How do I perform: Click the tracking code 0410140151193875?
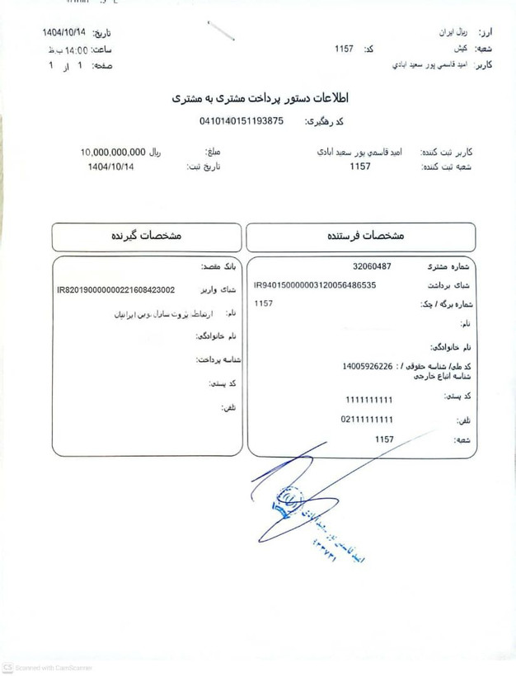[x=241, y=121]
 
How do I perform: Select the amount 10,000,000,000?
[x=113, y=153]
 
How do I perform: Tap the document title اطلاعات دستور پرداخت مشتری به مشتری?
[x=260, y=98]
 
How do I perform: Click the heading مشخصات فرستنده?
[x=363, y=236]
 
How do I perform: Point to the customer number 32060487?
[x=372, y=266]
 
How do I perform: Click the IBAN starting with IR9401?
[x=315, y=285]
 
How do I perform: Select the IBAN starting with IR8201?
[x=115, y=290]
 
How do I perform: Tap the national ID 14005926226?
[x=368, y=365]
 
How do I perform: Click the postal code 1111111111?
[x=369, y=400]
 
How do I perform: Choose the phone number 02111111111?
[x=367, y=420]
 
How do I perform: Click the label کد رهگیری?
[x=324, y=122]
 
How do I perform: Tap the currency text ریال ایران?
[x=457, y=32]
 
